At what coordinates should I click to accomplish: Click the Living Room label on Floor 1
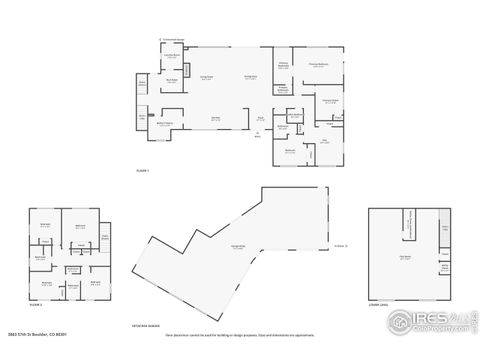coord(207,76)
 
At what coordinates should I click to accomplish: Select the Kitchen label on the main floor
coord(215,117)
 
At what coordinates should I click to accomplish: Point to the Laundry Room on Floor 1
coord(172,54)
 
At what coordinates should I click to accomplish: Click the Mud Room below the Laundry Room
coord(172,80)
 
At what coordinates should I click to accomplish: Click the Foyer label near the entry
coord(262,117)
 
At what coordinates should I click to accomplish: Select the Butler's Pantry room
coord(164,124)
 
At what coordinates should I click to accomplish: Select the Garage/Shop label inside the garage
coord(238,245)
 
